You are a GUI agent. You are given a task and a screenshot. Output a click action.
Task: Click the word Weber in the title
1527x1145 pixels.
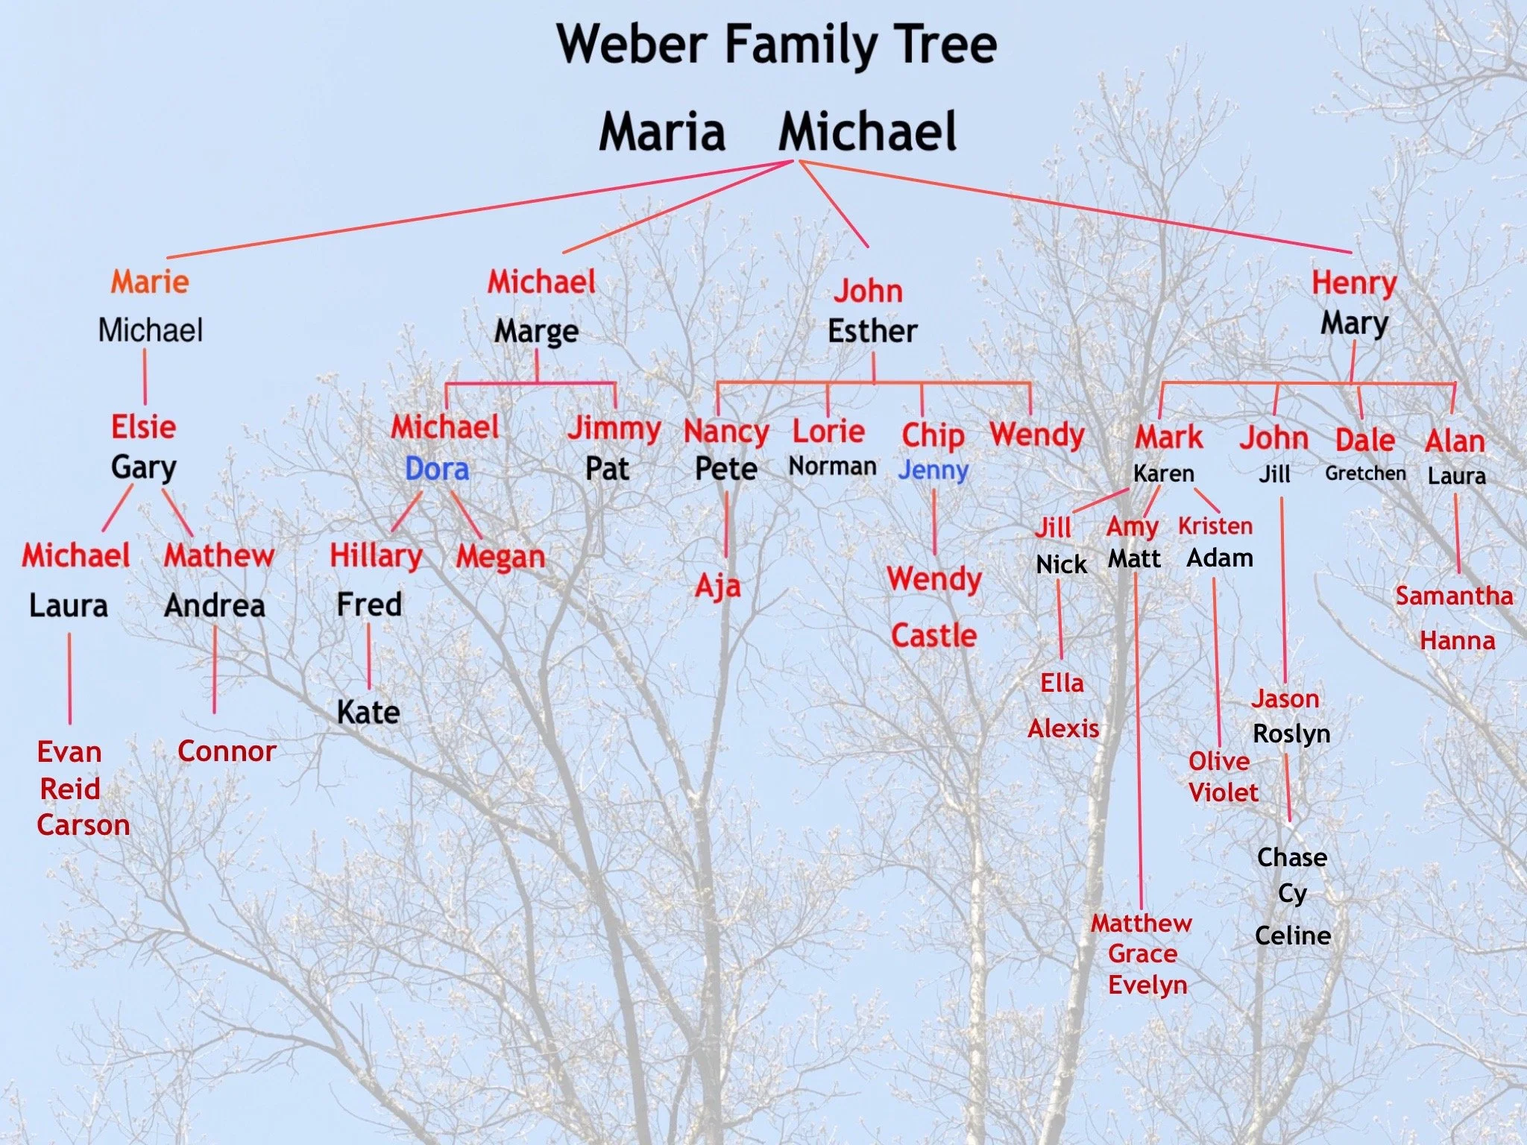pyautogui.click(x=632, y=45)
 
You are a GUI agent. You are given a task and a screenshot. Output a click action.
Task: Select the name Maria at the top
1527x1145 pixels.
pyautogui.click(x=662, y=132)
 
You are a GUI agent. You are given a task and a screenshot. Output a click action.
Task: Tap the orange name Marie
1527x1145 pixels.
pyautogui.click(x=150, y=282)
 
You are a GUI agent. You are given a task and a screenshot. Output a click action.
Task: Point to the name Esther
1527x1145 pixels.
pyautogui.click(x=872, y=330)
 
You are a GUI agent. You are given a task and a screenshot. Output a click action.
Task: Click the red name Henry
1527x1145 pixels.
pyautogui.click(x=1354, y=283)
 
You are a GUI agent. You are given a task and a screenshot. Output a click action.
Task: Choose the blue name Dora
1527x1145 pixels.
pyautogui.click(x=437, y=469)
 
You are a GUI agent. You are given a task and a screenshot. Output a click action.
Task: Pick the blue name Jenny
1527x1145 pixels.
pyautogui.click(x=933, y=470)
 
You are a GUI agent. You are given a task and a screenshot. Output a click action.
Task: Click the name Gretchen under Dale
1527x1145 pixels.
pyautogui.click(x=1365, y=473)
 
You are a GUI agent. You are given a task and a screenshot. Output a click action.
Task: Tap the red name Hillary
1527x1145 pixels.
pyautogui.click(x=376, y=556)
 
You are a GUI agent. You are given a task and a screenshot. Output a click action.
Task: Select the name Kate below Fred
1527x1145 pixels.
pyautogui.click(x=368, y=712)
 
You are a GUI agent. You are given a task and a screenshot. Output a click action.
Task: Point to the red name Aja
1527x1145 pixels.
pyautogui.click(x=718, y=586)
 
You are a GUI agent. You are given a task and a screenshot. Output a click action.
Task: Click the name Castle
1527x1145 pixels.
pyautogui.click(x=933, y=636)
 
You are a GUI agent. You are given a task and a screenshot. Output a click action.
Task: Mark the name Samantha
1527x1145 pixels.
pyautogui.click(x=1454, y=596)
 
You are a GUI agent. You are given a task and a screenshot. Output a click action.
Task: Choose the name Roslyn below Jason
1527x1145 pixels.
pyautogui.click(x=1291, y=734)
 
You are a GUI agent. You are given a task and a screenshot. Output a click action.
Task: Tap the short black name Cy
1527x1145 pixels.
pyautogui.click(x=1292, y=893)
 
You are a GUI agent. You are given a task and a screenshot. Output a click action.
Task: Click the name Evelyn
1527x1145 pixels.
pyautogui.click(x=1147, y=985)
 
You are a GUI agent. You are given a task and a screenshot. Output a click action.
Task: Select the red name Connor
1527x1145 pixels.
pyautogui.click(x=227, y=751)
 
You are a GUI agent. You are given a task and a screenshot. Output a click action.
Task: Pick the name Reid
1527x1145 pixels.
pyautogui.click(x=70, y=789)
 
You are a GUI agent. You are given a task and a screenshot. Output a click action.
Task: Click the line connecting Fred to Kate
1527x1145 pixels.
pyautogui.click(x=368, y=656)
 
